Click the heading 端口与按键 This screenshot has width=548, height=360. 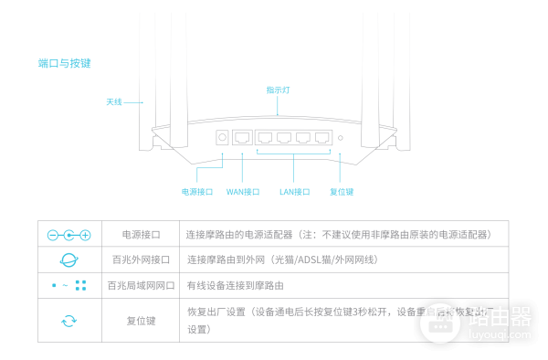pyautogui.click(x=64, y=63)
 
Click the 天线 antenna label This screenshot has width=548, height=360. pyautogui.click(x=113, y=101)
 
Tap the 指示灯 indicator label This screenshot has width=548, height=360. pyautogui.click(x=278, y=90)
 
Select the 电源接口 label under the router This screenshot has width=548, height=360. pyautogui.click(x=197, y=192)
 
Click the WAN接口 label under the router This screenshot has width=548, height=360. pyautogui.click(x=242, y=192)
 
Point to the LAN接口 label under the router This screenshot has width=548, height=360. pyautogui.click(x=294, y=192)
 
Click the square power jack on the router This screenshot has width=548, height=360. pyautogui.click(x=222, y=138)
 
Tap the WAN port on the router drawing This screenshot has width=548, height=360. pyautogui.click(x=243, y=138)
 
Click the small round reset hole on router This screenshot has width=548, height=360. pyautogui.click(x=341, y=139)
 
